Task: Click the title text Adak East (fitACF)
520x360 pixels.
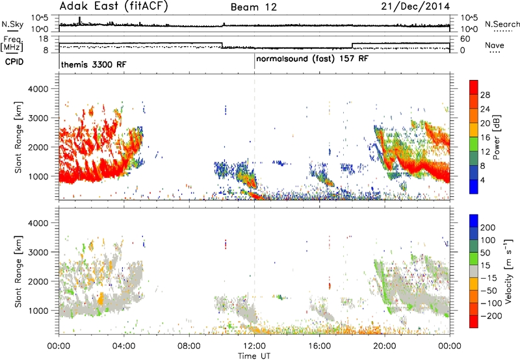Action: [114, 6]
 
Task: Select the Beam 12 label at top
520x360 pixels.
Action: [253, 7]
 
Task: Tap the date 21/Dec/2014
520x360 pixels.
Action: [415, 6]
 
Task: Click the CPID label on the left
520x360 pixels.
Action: [14, 62]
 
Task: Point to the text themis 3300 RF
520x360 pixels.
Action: [94, 64]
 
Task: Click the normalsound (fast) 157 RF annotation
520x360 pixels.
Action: [312, 59]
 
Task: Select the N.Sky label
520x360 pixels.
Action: [12, 24]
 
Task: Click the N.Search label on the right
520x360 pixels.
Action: [502, 24]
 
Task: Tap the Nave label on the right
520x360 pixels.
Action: [495, 45]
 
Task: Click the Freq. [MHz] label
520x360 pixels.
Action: [12, 44]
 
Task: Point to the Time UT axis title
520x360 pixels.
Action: [254, 356]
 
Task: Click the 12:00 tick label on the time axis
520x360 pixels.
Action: [254, 346]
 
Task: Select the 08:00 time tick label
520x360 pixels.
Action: [189, 346]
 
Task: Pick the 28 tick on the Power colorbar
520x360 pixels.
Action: [485, 95]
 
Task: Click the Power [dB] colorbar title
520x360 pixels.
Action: [496, 137]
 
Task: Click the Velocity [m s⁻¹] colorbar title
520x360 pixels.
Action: [508, 271]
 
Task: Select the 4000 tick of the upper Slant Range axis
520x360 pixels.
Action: [38, 89]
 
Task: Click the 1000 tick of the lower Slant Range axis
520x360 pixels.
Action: [38, 311]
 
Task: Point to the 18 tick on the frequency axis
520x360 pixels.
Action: [44, 39]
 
